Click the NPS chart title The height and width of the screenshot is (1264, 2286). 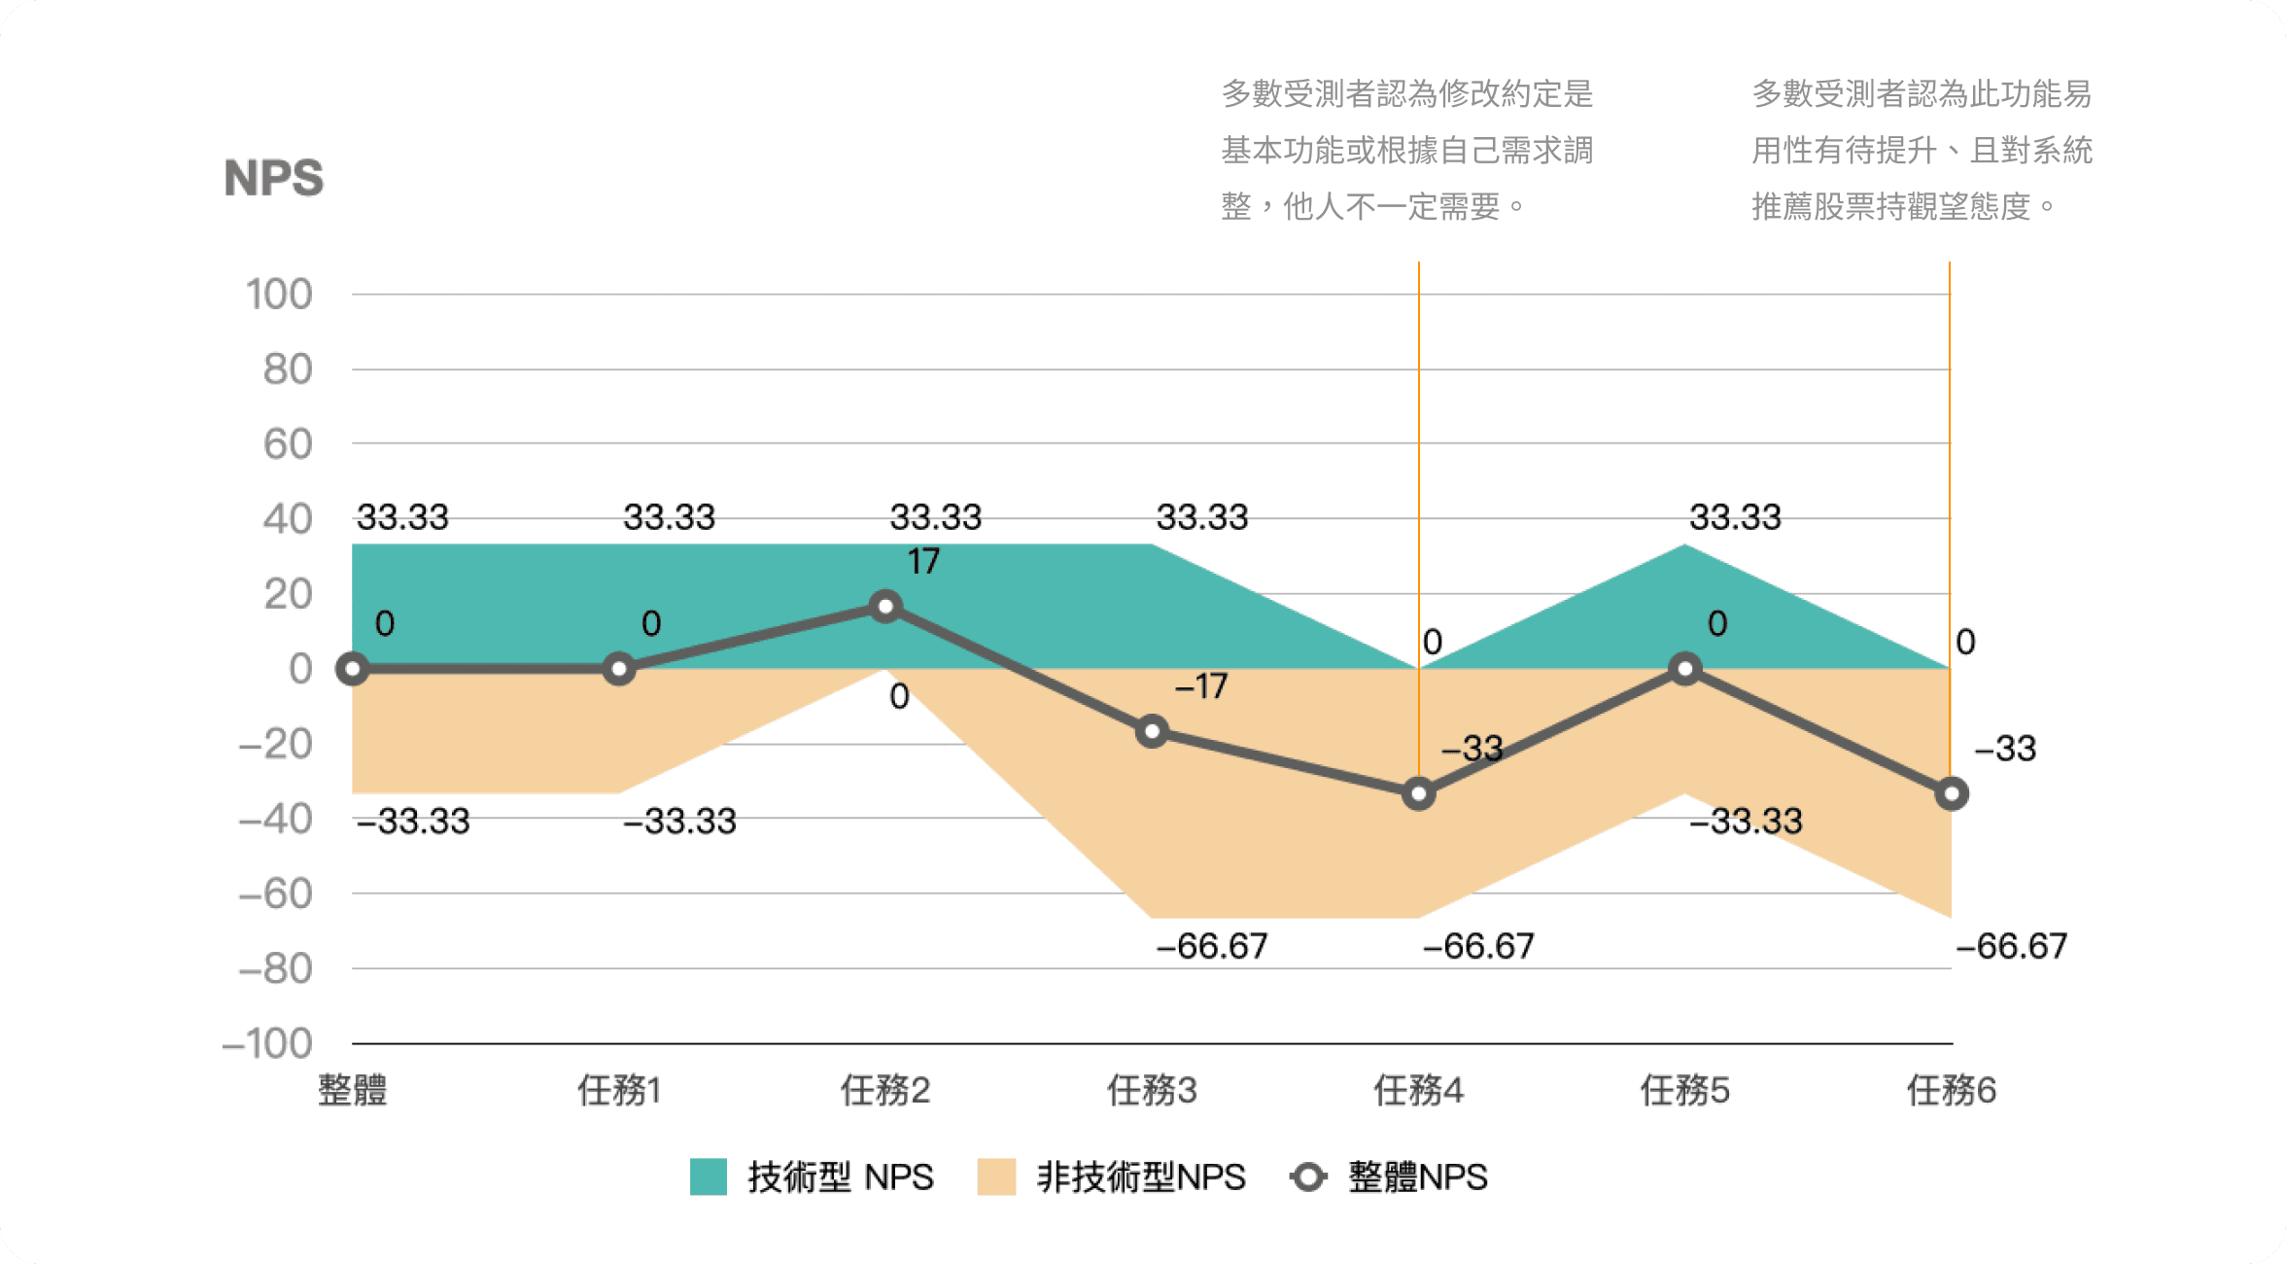[273, 178]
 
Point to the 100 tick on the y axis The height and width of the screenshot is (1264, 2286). [279, 294]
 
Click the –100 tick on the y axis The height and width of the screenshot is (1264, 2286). [267, 1043]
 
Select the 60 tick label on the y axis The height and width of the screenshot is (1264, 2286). [287, 444]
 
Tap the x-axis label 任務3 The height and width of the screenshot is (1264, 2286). [1152, 1090]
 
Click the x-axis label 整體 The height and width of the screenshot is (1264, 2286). [352, 1090]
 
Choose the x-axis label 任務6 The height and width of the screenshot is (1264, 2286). [1951, 1090]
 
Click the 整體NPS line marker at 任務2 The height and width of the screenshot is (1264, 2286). [885, 607]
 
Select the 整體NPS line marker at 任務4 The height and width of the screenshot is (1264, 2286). [1418, 793]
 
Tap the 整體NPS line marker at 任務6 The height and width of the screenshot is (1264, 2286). [1951, 793]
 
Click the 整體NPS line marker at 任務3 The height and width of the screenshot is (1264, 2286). [1152, 731]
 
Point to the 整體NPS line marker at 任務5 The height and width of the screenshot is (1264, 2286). [1684, 669]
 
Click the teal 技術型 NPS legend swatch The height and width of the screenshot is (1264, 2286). [709, 1176]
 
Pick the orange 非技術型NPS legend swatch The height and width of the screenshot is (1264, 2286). [996, 1176]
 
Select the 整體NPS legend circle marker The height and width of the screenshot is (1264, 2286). [1308, 1176]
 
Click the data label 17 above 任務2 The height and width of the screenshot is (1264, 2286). [923, 561]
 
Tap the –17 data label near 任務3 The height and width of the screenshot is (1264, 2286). [1201, 686]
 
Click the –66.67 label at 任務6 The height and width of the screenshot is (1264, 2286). [2011, 946]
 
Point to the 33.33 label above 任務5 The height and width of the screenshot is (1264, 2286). [1735, 516]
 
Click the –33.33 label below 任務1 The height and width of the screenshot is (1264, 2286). [679, 822]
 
